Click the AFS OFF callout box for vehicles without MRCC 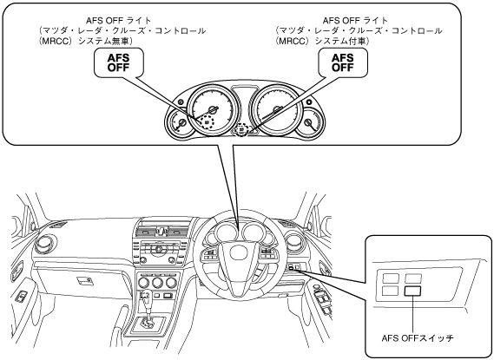[x=119, y=62]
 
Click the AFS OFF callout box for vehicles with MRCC [x=343, y=62]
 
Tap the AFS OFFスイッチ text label [x=418, y=338]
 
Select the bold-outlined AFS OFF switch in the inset [x=412, y=291]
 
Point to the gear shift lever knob [x=145, y=295]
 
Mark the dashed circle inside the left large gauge [x=207, y=121]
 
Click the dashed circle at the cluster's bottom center [x=241, y=129]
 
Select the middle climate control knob [x=157, y=283]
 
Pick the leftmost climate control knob [x=143, y=283]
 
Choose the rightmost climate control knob [x=171, y=283]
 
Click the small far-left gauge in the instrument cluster [x=178, y=124]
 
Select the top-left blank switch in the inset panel [x=391, y=278]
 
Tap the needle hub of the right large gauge [x=277, y=110]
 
